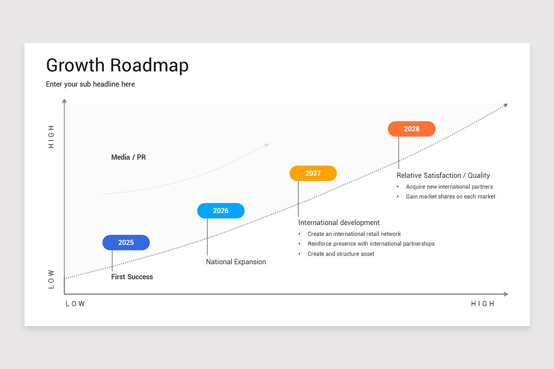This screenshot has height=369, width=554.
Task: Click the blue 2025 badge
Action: [126, 243]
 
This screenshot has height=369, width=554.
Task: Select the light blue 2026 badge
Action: [221, 211]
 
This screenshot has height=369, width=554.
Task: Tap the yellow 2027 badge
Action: [313, 173]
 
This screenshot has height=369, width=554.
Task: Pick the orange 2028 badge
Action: [411, 129]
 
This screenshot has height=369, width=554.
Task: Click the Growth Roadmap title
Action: [117, 65]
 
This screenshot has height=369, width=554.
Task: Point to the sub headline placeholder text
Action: [90, 84]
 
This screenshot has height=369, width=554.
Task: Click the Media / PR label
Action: [128, 157]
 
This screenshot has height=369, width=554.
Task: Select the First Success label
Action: [132, 277]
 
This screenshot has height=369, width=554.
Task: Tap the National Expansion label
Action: [236, 262]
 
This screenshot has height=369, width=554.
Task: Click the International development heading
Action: [339, 222]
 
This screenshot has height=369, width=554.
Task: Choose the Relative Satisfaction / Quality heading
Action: [443, 175]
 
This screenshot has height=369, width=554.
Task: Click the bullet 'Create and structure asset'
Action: [341, 254]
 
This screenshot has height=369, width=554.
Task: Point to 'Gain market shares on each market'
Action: [451, 196]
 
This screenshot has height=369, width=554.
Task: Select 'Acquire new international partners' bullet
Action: [449, 187]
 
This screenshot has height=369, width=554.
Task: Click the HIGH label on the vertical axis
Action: [51, 137]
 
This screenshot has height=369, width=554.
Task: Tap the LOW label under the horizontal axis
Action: [75, 304]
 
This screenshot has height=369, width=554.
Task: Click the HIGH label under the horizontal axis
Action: [482, 304]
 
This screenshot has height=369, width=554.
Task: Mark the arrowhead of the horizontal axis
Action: [506, 294]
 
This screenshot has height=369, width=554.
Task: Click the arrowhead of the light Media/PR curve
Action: [266, 145]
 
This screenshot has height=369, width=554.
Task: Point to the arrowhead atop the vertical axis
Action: [64, 101]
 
